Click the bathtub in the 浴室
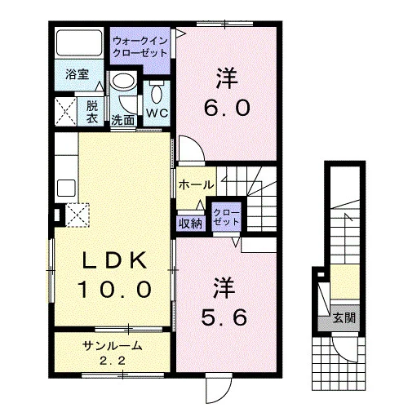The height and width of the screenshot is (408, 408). [79, 43]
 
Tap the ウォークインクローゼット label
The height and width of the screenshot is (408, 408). [140, 47]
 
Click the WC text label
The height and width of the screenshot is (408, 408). [157, 113]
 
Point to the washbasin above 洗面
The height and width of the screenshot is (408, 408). [124, 82]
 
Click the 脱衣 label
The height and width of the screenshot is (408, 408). [92, 112]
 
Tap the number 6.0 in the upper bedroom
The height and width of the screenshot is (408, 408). [227, 108]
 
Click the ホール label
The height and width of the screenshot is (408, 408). [196, 185]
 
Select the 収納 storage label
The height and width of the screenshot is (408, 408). [191, 224]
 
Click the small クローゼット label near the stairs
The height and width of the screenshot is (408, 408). [227, 217]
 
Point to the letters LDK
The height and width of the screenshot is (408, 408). [114, 260]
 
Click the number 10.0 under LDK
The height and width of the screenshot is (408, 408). [114, 289]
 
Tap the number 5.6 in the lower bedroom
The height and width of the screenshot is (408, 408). [224, 317]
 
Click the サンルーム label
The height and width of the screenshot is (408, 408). [113, 346]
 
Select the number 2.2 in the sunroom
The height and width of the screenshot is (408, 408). [113, 361]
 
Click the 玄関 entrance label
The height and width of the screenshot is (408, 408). [344, 317]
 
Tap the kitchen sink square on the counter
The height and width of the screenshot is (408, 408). [66, 188]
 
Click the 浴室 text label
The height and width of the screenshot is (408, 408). [78, 74]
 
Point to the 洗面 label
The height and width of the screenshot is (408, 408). [123, 120]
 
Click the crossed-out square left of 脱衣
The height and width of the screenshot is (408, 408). [66, 112]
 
